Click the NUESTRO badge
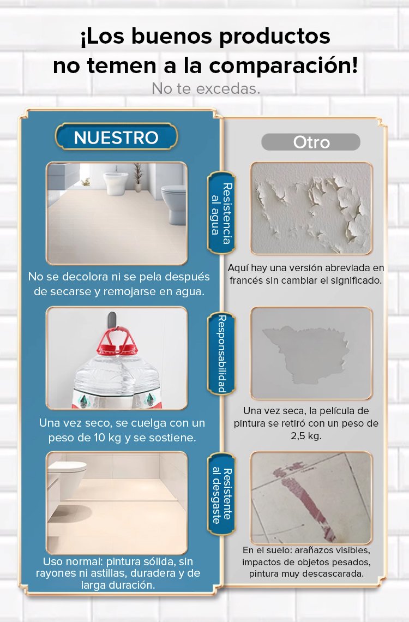click(116, 137)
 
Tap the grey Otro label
click(311, 142)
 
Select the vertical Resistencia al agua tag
click(221, 213)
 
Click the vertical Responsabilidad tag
click(221, 354)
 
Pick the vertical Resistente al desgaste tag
click(221, 494)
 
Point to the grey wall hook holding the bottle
click(112, 319)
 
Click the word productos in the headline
click(275, 37)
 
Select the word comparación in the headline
click(284, 65)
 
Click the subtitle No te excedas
click(206, 88)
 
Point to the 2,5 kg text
click(305, 436)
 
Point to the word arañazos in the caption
click(313, 550)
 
